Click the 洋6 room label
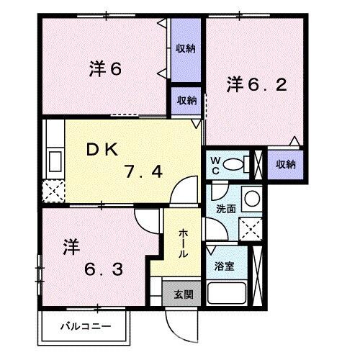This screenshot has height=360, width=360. tap(105, 69)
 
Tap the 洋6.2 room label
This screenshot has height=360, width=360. tap(258, 84)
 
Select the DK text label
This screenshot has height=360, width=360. tap(102, 149)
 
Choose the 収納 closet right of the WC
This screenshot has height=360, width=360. tap(286, 164)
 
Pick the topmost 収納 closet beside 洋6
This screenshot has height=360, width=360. tap(186, 48)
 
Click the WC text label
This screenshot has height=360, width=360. tap(215, 165)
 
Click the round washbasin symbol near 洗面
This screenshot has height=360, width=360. tap(251, 198)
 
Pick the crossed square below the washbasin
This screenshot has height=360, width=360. tap(251, 229)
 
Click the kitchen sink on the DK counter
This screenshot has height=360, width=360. tap(54, 158)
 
